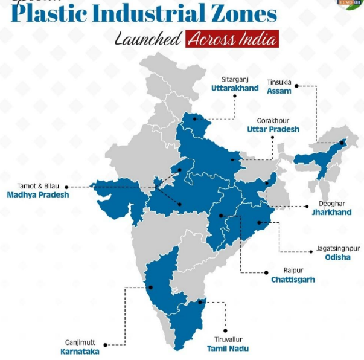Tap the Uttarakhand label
pyautogui.click(x=235, y=88)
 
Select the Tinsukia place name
pyautogui.click(x=279, y=82)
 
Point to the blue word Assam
pyautogui.click(x=279, y=91)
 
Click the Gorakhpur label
pyautogui.click(x=273, y=120)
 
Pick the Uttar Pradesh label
pyautogui.click(x=273, y=129)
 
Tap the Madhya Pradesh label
pyautogui.click(x=37, y=195)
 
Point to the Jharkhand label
pyautogui.click(x=331, y=213)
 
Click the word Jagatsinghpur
pyautogui.click(x=338, y=248)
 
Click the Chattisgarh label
pyautogui.click(x=293, y=280)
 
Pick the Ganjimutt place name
pyautogui.click(x=80, y=342)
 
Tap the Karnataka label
pyautogui.click(x=80, y=351)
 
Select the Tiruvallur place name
pyautogui.click(x=228, y=339)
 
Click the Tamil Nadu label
pyautogui.click(x=228, y=349)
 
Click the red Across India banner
pyautogui.click(x=232, y=40)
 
